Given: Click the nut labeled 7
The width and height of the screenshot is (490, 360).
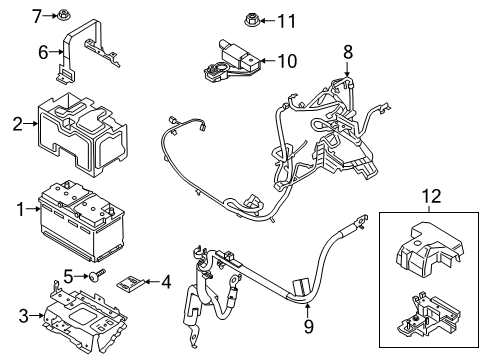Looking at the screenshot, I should click(x=62, y=15).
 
